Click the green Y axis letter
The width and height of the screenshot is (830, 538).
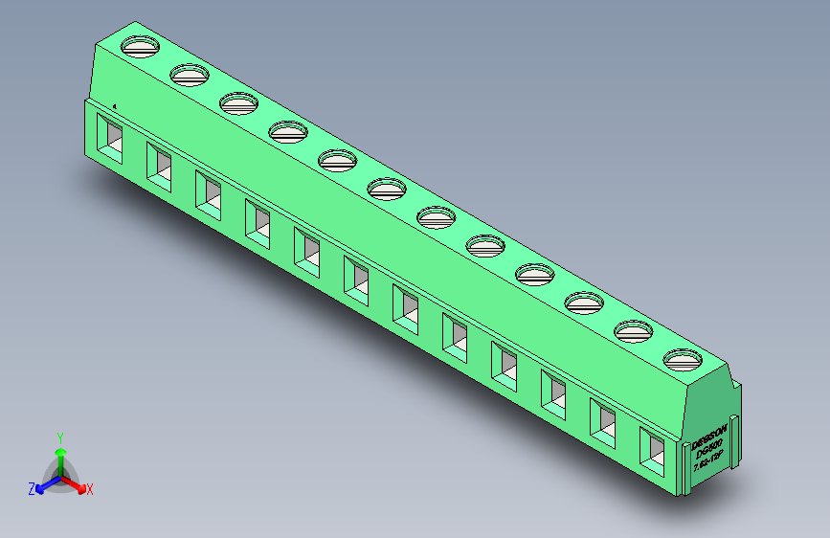(60, 437)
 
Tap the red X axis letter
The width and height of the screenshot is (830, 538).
(89, 490)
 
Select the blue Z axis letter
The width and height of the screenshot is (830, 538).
(32, 489)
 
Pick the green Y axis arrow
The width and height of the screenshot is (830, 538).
(60, 457)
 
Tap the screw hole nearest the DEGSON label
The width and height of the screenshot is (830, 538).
(683, 360)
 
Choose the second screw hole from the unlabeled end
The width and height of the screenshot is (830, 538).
(190, 74)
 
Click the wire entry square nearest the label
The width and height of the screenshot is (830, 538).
(653, 448)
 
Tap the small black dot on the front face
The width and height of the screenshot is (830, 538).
(115, 106)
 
